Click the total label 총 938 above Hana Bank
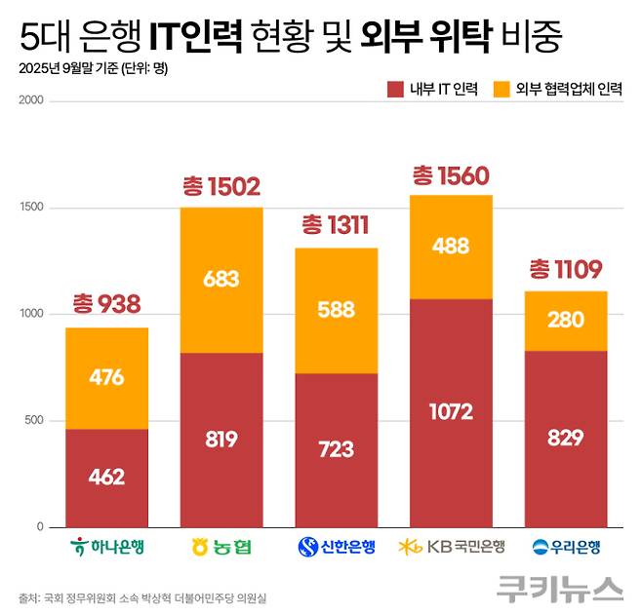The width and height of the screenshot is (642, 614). coord(106,305)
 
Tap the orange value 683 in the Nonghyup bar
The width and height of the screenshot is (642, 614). coord(221,279)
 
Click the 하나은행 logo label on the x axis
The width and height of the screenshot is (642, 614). coord(107,547)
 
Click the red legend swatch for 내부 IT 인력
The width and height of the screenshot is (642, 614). coord(395,89)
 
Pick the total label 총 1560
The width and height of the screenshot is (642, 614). coord(451,175)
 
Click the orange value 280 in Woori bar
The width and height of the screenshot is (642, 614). coord(566,321)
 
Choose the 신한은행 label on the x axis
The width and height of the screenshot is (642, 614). coord(337,547)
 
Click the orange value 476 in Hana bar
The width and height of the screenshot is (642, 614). coord(106,377)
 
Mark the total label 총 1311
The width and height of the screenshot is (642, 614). coord(336,228)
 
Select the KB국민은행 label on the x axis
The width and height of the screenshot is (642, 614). coord(451,547)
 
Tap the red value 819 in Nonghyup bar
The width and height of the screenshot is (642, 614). coord(221,440)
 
